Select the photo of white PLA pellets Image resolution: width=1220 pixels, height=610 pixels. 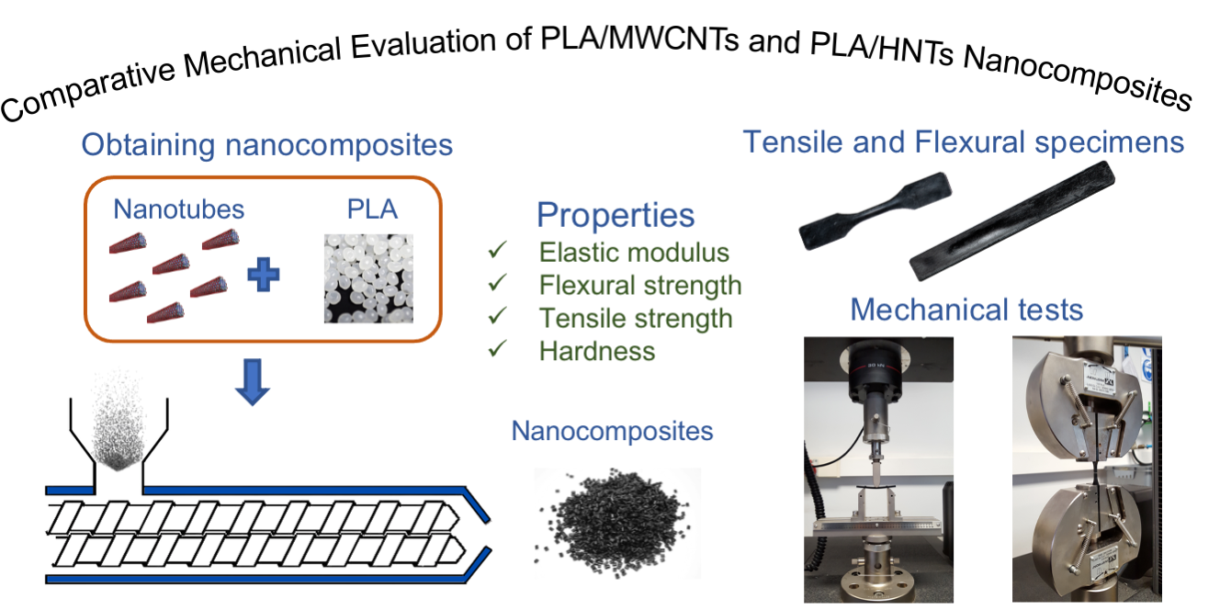point(361,277)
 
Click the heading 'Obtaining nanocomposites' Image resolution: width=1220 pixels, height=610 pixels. point(266,145)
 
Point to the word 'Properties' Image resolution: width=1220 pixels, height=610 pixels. point(615,215)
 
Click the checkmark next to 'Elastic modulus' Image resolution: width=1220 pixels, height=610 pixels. point(499,252)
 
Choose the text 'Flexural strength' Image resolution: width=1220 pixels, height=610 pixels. point(639,285)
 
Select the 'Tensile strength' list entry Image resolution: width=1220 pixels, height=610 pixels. point(635,318)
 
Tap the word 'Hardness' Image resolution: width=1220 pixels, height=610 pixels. point(597,351)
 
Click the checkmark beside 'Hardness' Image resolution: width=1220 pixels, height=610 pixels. point(499,351)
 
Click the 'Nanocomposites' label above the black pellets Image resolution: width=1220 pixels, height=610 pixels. point(612,430)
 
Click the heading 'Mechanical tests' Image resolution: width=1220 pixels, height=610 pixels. point(966,309)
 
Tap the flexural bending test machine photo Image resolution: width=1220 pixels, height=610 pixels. point(877,469)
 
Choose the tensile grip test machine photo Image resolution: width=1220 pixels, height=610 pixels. point(1086,469)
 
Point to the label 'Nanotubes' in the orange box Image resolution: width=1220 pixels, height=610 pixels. point(179,209)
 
